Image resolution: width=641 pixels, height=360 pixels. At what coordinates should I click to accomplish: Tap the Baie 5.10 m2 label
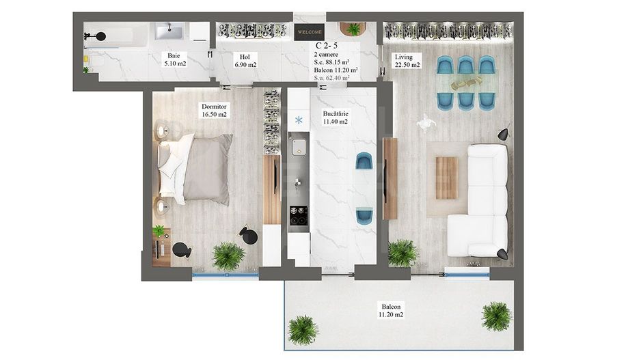pyautogui.click(x=174, y=60)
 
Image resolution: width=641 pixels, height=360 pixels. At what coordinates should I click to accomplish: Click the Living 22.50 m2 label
pyautogui.click(x=407, y=61)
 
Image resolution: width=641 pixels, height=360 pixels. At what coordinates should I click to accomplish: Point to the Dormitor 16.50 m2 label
pyautogui.click(x=213, y=111)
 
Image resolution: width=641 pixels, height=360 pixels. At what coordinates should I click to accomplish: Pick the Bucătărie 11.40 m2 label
pyautogui.click(x=335, y=117)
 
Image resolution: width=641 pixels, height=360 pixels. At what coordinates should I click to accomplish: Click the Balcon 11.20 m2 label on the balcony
pyautogui.click(x=392, y=311)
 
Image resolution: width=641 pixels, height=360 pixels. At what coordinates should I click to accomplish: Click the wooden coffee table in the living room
pyautogui.click(x=446, y=178)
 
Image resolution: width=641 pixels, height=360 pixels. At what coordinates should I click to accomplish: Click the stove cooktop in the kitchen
pyautogui.click(x=298, y=215)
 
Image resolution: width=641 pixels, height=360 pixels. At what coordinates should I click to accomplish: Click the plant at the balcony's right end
pyautogui.click(x=495, y=316)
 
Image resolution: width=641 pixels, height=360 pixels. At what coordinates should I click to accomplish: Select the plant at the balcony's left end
pyautogui.click(x=302, y=330)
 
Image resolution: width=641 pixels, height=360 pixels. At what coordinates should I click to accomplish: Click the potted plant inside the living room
pyautogui.click(x=403, y=253)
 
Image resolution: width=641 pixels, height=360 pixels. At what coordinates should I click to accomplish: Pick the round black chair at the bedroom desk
pyautogui.click(x=181, y=250)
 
